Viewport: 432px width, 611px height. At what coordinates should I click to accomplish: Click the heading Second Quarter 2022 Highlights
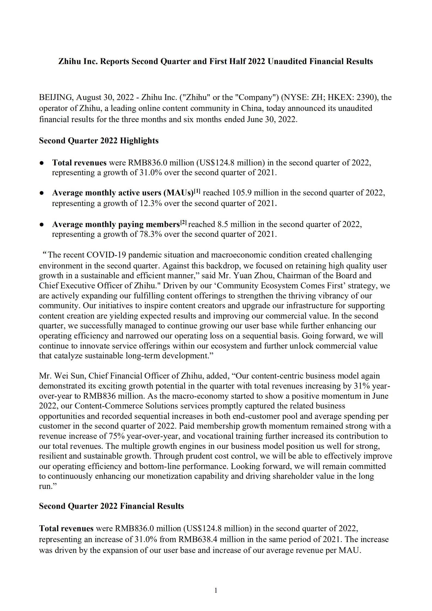point(99,141)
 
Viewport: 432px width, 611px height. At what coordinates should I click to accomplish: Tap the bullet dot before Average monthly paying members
point(42,225)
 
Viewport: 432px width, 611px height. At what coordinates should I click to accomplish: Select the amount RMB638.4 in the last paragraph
point(198,539)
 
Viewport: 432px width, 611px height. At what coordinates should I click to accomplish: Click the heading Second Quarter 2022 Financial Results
point(111,506)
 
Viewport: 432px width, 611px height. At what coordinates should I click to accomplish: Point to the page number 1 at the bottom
point(216,591)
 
